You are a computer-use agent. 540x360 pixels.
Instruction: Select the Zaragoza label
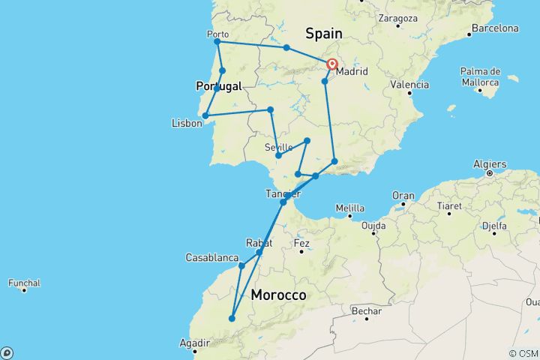(397, 16)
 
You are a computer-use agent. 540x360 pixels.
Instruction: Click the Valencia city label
(409, 85)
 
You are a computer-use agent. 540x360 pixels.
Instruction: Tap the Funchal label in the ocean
(24, 283)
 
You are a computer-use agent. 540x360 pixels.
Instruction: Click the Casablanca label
(212, 257)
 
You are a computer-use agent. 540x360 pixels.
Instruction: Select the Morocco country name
(278, 295)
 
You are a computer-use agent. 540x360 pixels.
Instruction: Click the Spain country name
(323, 34)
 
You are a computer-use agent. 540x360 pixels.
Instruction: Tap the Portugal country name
(219, 86)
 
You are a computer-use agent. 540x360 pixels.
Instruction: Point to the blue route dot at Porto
(217, 42)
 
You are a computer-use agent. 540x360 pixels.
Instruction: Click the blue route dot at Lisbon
(205, 115)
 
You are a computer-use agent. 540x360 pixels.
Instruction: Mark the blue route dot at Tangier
(283, 202)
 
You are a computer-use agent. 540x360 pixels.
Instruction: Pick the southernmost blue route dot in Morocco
(232, 319)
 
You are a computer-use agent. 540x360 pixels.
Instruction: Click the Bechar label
(367, 311)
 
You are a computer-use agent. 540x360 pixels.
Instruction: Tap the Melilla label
(350, 208)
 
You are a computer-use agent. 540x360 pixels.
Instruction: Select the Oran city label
(403, 196)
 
